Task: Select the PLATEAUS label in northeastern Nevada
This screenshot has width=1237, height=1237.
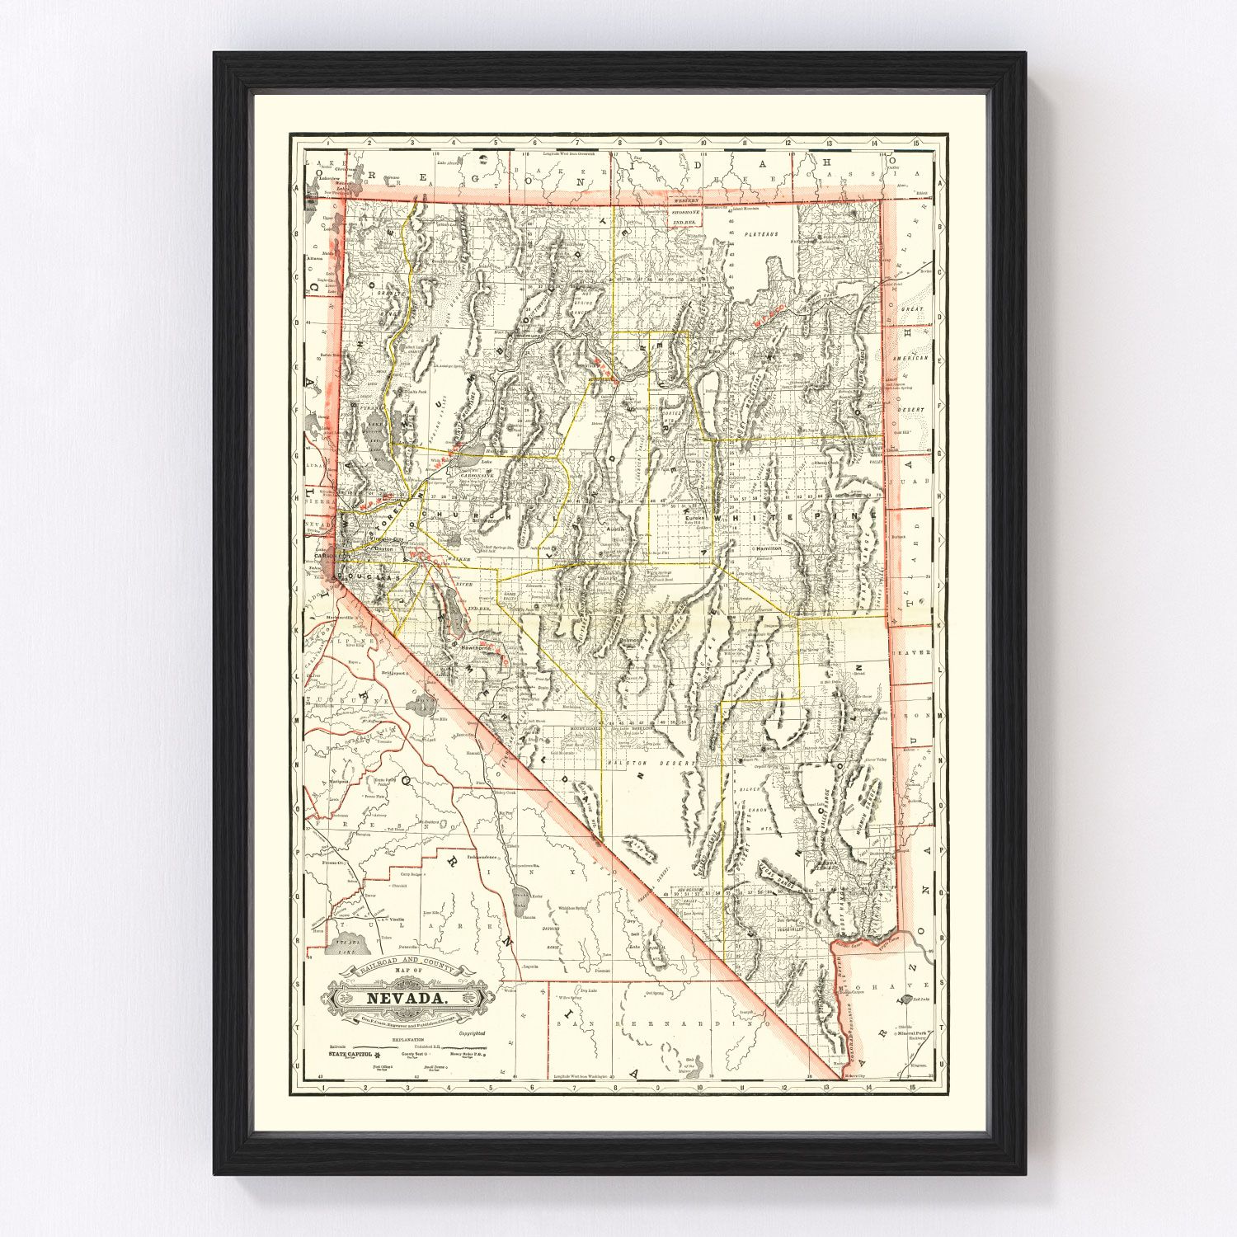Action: [x=759, y=234]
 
